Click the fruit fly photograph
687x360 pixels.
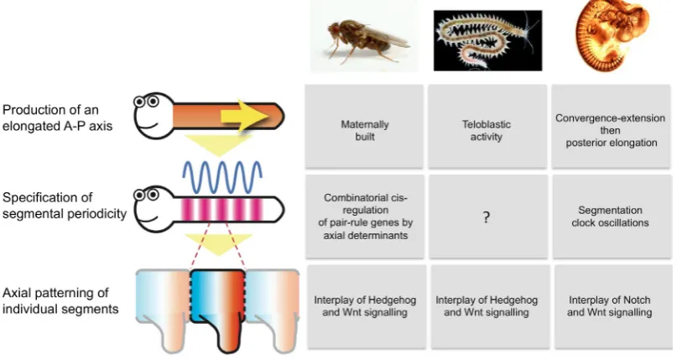click(x=364, y=36)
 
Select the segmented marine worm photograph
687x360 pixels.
click(x=487, y=40)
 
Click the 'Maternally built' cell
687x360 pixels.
click(x=364, y=126)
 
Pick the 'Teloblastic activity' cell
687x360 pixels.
click(x=487, y=126)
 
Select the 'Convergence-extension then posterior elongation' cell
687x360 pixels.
click(x=611, y=126)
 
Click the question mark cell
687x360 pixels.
click(x=488, y=217)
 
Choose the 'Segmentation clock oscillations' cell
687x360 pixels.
click(x=612, y=217)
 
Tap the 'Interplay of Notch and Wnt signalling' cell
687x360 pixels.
click(x=613, y=306)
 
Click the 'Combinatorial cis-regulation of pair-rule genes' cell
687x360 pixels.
click(x=365, y=217)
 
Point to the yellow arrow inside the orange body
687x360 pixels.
click(x=244, y=116)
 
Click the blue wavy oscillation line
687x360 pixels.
click(x=222, y=178)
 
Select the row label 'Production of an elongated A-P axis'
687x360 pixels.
click(x=57, y=118)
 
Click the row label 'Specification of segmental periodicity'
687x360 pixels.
click(x=65, y=206)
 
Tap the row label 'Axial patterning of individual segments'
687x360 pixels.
click(x=60, y=300)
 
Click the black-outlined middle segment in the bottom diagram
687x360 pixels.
click(x=218, y=307)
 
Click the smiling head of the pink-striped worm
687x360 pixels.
click(x=154, y=207)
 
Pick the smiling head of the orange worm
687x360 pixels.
click(x=154, y=115)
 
